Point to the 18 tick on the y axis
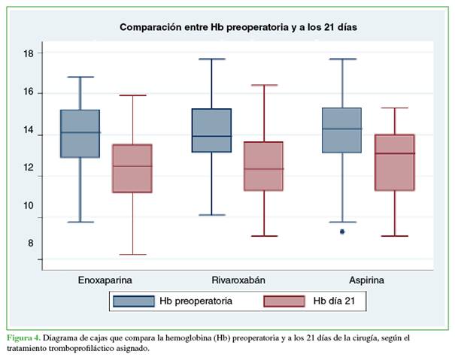[x=28, y=53]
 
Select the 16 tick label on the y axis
[x=28, y=92]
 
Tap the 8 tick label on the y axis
[x=31, y=243]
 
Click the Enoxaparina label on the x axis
[x=105, y=280]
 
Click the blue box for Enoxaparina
[x=80, y=134]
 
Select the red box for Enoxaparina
[x=132, y=168]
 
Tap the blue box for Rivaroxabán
[x=211, y=131]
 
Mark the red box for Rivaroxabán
[x=263, y=166]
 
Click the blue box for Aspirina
[x=342, y=130]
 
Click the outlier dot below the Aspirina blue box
[x=342, y=231]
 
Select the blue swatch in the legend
[x=133, y=301]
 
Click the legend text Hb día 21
[x=339, y=301]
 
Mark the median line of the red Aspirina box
[x=395, y=153]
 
